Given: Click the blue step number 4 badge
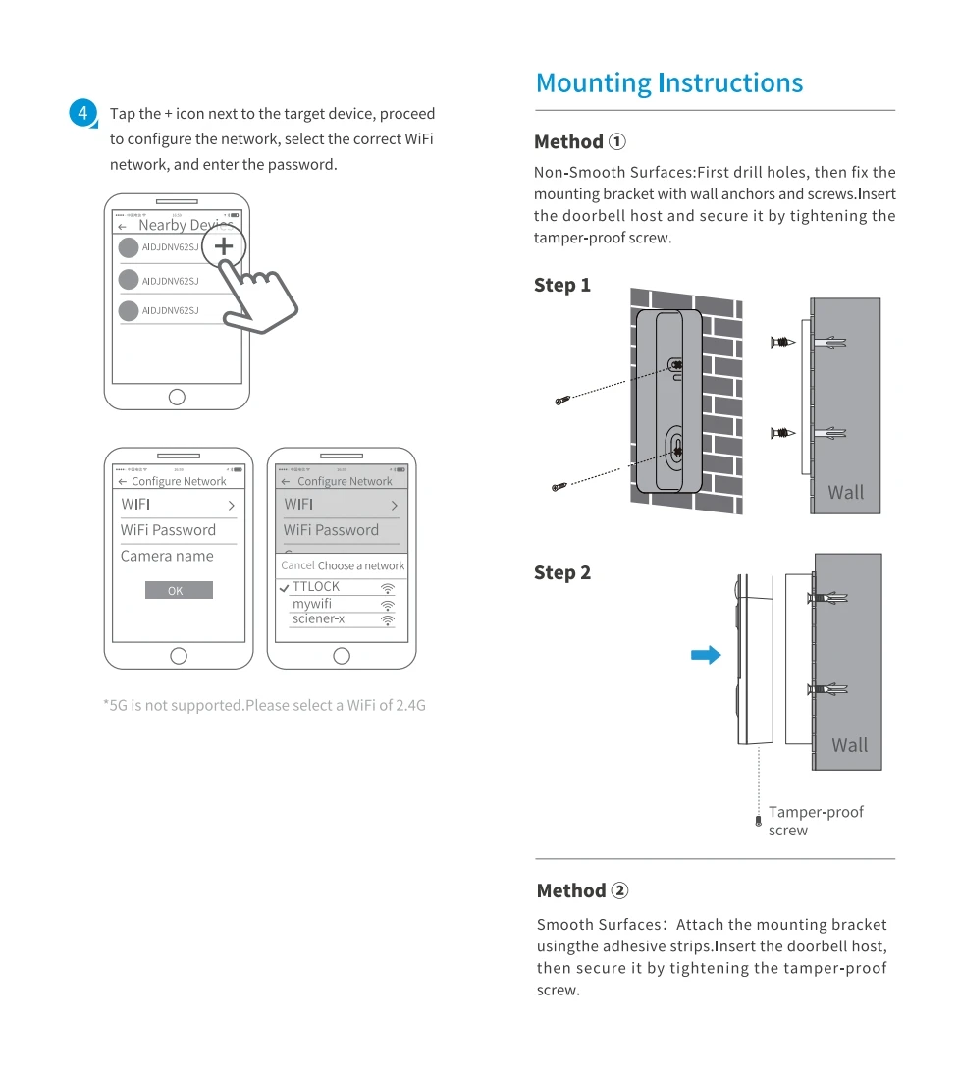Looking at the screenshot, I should click(x=83, y=114).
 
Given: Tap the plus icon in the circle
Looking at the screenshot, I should click(x=224, y=245).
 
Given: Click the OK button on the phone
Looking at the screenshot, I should click(x=179, y=590).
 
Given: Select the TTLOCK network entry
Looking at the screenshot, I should click(x=316, y=587).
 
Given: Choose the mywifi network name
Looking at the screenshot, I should click(x=312, y=604).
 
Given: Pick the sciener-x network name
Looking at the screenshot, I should click(x=318, y=619).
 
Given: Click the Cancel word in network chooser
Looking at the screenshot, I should click(x=297, y=565).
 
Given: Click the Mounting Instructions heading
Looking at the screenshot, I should click(x=669, y=83).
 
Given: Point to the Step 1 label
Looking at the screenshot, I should click(x=562, y=286).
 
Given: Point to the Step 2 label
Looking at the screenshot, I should click(x=562, y=573).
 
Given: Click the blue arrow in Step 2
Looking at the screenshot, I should click(x=706, y=655).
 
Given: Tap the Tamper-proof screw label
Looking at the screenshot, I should click(x=816, y=821).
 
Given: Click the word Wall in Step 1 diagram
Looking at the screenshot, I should click(x=846, y=493).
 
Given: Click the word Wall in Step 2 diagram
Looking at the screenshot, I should click(x=849, y=745).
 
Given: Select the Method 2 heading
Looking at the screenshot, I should click(x=582, y=891).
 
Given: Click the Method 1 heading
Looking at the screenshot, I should click(x=580, y=142).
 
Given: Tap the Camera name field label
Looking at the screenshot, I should click(x=167, y=557).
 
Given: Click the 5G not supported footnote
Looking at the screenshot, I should click(x=265, y=705).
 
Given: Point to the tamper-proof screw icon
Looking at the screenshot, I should click(x=758, y=821).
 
